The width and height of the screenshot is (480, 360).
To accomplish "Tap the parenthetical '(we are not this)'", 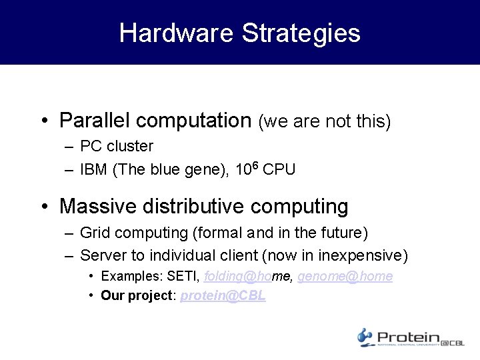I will [x=324, y=121].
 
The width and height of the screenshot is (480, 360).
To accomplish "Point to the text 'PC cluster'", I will [x=117, y=146].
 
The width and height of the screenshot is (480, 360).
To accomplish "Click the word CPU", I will [x=279, y=169].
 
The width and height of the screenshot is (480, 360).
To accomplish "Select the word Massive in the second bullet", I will [x=97, y=206].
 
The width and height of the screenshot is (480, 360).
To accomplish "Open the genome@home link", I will [x=345, y=276].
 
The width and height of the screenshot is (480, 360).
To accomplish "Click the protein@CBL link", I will [x=223, y=295].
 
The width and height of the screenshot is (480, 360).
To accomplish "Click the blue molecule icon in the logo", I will [x=365, y=337].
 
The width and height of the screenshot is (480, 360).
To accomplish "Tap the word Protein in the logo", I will [x=409, y=337].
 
